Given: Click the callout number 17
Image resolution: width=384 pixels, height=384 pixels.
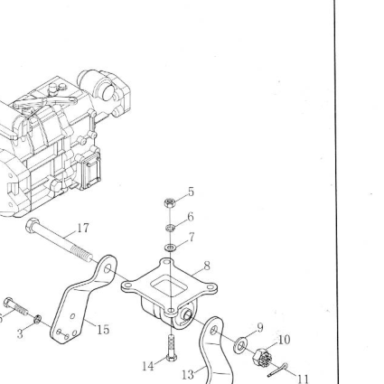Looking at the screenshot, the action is [83, 228].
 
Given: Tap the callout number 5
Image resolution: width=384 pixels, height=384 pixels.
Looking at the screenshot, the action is [192, 192].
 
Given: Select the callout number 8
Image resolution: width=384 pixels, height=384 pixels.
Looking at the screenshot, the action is [207, 266].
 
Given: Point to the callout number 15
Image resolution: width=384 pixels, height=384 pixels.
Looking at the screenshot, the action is [103, 330].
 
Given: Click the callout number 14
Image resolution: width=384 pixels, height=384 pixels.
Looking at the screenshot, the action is [148, 366].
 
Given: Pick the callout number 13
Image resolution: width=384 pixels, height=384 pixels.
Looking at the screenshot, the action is [188, 375].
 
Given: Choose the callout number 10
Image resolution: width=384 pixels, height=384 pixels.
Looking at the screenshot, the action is [284, 340].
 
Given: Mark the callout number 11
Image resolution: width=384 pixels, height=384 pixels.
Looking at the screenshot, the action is [304, 379].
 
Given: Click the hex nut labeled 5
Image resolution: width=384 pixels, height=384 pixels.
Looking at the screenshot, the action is [170, 202].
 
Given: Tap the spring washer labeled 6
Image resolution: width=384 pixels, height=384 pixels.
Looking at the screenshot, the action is [170, 228].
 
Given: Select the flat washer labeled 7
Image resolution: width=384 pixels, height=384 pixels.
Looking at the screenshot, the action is [170, 248].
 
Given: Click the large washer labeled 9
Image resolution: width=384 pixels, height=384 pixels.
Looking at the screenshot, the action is [240, 345].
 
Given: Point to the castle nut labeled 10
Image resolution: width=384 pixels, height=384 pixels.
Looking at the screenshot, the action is [262, 357].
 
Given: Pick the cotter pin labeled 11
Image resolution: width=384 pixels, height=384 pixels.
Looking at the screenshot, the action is [277, 370].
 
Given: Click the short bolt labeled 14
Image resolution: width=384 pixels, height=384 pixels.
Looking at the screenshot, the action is [171, 348].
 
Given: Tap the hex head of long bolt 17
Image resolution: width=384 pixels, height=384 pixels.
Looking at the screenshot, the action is [33, 225].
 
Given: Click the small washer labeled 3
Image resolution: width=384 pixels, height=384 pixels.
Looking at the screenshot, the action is [37, 319].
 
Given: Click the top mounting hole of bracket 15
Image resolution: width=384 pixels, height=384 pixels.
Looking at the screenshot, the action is [108, 268].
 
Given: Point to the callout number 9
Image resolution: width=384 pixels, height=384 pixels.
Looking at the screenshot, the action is [260, 328].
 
